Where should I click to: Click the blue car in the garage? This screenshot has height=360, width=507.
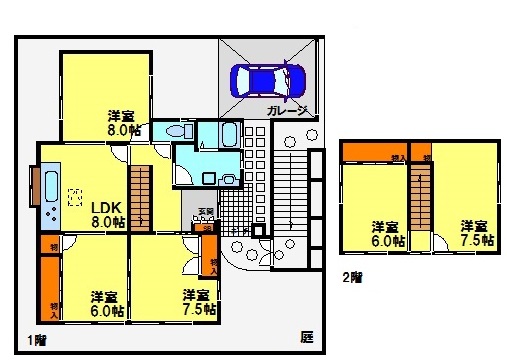tap(267, 80)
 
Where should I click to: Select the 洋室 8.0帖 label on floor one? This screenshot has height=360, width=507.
tap(122, 121)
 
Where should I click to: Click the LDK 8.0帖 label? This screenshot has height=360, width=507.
tap(107, 214)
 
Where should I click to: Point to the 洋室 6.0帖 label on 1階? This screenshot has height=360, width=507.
tap(104, 302)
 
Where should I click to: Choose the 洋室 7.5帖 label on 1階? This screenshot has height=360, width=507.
tap(196, 302)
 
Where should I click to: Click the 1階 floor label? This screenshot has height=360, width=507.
tap(36, 339)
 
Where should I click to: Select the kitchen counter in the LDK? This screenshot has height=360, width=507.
tap(48, 194)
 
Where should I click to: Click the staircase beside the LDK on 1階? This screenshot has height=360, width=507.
tap(142, 196)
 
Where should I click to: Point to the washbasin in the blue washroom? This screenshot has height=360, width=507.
tap(229, 179)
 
